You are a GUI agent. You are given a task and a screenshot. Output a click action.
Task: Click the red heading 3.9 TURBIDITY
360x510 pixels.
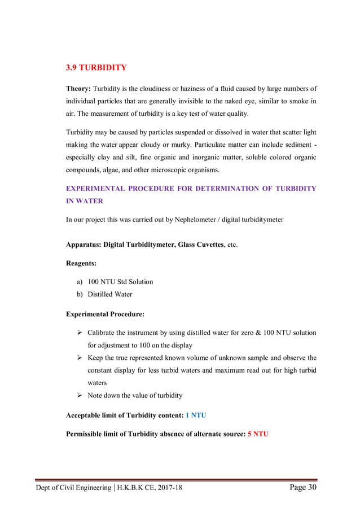pos(96,68)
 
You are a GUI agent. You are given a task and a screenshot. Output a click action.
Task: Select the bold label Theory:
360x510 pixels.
pos(78,89)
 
